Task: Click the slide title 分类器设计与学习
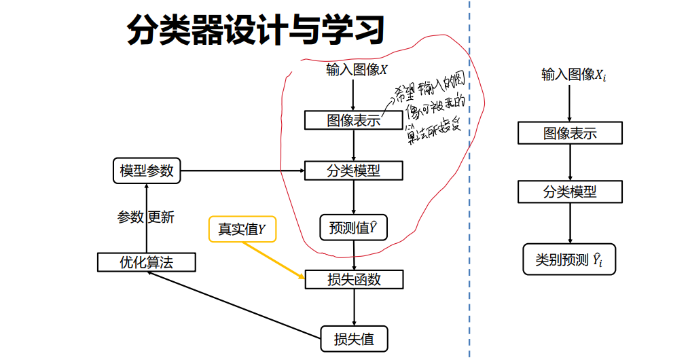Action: (x=256, y=31)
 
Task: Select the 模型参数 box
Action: (x=147, y=170)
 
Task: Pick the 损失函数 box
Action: (x=354, y=279)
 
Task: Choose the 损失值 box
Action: (x=354, y=338)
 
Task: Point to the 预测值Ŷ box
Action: (x=353, y=228)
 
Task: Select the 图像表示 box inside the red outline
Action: (x=353, y=121)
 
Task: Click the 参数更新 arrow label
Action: (x=145, y=217)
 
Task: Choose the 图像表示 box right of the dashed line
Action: (x=570, y=133)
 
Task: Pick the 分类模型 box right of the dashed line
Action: (x=570, y=192)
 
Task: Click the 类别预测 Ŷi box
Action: (x=569, y=259)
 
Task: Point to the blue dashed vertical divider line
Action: (x=469, y=204)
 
